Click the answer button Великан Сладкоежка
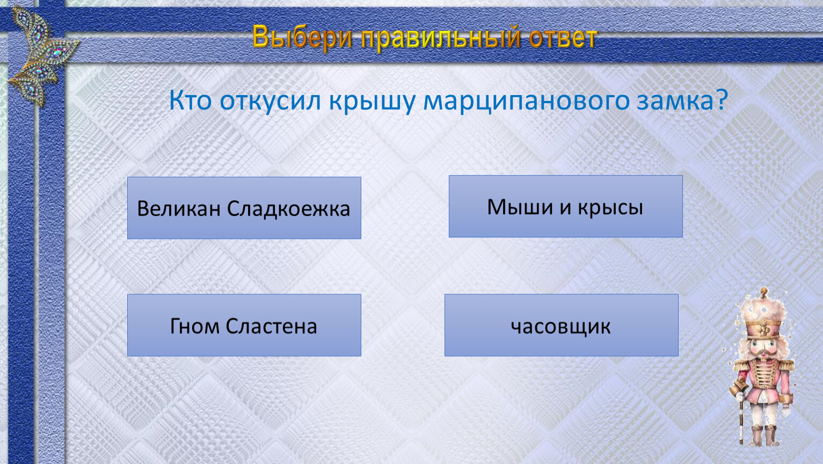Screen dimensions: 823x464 pos(244,208)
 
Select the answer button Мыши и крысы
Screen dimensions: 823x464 pos(565,206)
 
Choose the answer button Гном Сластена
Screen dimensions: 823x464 pos(244,325)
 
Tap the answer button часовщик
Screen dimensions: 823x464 pos(562,325)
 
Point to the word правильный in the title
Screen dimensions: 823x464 pos(441,38)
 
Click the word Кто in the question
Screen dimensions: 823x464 pos(191,100)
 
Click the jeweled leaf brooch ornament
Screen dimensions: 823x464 pos(42,55)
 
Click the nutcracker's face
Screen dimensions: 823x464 pos(764,347)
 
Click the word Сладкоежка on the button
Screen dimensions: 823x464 pos(288,209)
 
